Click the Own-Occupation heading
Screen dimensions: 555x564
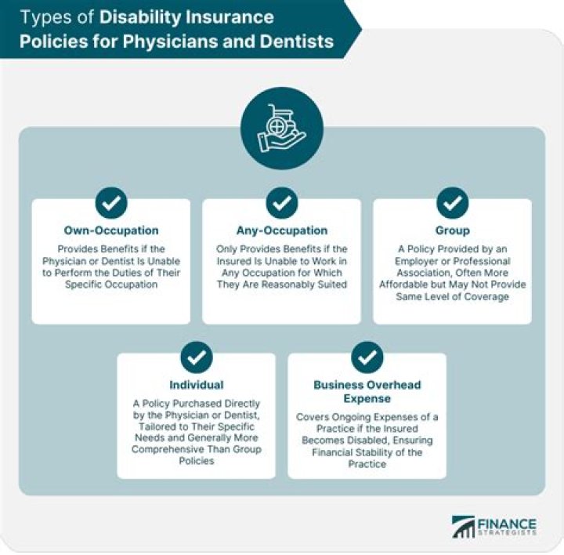click(111, 230)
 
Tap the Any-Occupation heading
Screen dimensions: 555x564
click(281, 230)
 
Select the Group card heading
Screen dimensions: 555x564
click(452, 230)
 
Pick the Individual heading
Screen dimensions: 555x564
click(196, 385)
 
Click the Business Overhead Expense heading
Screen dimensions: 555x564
click(367, 391)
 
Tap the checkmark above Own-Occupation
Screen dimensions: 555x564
click(111, 203)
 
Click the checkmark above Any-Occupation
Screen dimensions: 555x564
click(281, 203)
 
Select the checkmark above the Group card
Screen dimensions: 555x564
click(452, 203)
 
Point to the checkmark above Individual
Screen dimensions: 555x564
click(196, 357)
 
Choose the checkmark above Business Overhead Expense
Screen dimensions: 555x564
click(367, 357)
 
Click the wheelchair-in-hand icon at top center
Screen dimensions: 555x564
click(282, 128)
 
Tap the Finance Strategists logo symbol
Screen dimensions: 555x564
click(463, 526)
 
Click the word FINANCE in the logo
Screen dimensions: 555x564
click(508, 523)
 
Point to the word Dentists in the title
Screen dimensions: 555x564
click(300, 42)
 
